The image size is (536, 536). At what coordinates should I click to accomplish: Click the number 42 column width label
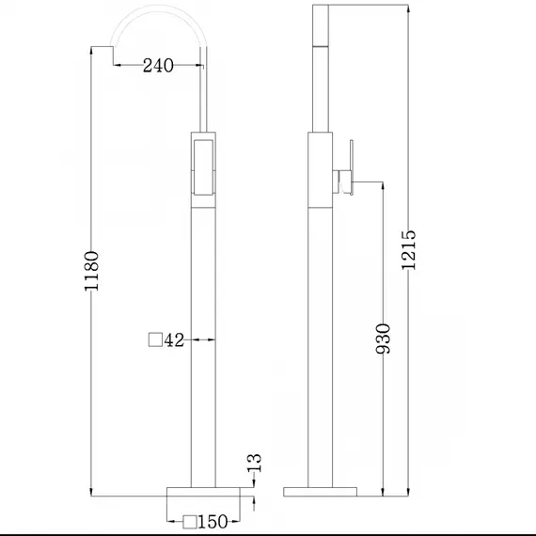click(x=173, y=340)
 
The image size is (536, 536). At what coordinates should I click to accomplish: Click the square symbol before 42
click(x=156, y=340)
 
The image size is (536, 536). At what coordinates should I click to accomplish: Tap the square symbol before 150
click(x=190, y=521)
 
